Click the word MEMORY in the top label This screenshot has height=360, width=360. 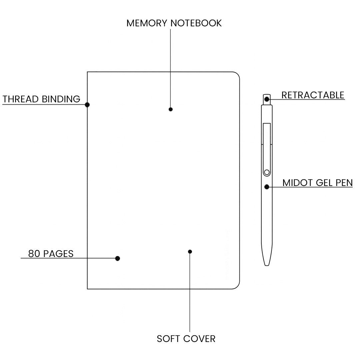coord(147,23)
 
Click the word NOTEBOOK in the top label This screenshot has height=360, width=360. coord(196,23)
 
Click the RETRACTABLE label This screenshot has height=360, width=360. coord(313,95)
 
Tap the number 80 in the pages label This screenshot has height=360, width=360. coord(34,254)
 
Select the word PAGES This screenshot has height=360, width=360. coord(58,254)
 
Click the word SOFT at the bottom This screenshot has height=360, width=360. coord(169,339)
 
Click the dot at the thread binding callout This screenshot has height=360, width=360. coord(87,105)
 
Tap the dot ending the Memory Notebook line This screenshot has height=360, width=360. coord(171,109)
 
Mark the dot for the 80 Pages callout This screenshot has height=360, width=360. coord(117,258)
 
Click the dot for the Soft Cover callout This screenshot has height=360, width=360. coord(190,251)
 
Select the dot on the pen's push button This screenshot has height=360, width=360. coord(267,99)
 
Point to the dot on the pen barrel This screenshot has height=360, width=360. coord(267,187)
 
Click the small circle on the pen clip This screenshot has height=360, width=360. coord(266,172)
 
